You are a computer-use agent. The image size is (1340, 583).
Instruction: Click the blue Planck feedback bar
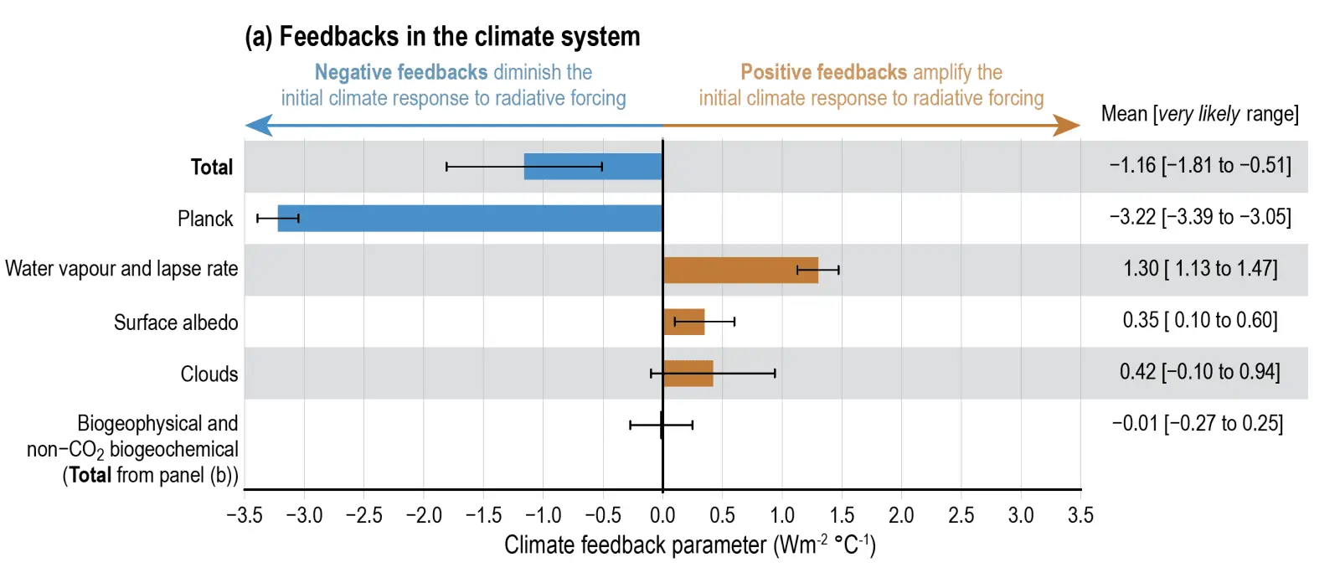469,219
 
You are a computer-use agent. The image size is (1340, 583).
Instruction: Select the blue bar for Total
592,167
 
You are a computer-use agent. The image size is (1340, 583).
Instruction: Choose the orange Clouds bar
688,374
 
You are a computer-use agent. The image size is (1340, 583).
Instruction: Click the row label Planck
205,219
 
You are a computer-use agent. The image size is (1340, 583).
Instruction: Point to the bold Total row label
212,168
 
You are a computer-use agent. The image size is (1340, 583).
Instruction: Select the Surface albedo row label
176,322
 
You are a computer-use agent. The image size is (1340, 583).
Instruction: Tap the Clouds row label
209,374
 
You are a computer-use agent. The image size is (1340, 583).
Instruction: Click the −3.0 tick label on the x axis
304,515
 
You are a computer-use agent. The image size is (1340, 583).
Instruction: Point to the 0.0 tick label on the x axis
662,515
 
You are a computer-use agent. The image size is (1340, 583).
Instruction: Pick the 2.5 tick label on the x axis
961,515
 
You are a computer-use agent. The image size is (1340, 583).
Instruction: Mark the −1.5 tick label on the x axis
483,515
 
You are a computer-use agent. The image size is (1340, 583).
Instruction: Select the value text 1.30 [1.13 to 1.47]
1200,269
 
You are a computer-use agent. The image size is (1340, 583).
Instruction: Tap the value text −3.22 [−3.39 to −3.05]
1200,217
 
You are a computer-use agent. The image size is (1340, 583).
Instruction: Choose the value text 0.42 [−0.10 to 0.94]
1200,372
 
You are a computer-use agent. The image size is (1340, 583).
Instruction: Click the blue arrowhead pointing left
258,126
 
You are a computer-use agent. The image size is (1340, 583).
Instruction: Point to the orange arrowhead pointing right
1066,126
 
